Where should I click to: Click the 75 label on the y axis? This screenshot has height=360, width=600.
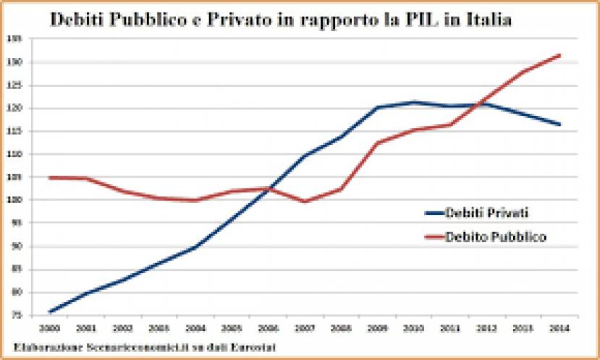17,315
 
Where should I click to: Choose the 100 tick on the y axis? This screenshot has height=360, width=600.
16,200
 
